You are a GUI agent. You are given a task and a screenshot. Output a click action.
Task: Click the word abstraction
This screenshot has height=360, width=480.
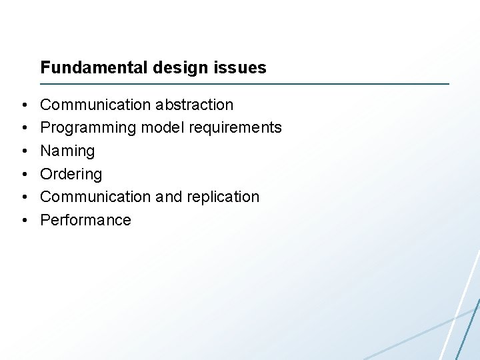point(195,105)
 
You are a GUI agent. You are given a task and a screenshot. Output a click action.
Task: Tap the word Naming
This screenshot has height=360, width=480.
point(67,151)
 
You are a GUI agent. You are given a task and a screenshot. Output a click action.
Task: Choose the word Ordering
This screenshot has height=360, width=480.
point(71,175)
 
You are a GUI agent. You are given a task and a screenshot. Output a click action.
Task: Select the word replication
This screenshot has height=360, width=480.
point(223,197)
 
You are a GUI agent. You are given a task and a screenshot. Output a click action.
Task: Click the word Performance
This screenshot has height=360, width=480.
point(85,220)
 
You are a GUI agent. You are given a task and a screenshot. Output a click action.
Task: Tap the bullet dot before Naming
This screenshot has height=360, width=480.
point(23,151)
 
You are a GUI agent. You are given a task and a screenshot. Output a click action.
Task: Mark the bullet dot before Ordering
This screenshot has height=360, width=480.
point(23,175)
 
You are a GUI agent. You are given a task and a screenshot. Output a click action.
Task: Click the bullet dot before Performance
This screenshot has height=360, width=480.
point(23,221)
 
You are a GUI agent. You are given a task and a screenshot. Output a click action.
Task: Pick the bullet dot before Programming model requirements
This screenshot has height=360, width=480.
point(23,128)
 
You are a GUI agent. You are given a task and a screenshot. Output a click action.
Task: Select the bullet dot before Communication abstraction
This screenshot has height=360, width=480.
point(23,105)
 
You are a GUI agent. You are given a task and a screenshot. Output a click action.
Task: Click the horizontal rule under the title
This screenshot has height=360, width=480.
point(245,84)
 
